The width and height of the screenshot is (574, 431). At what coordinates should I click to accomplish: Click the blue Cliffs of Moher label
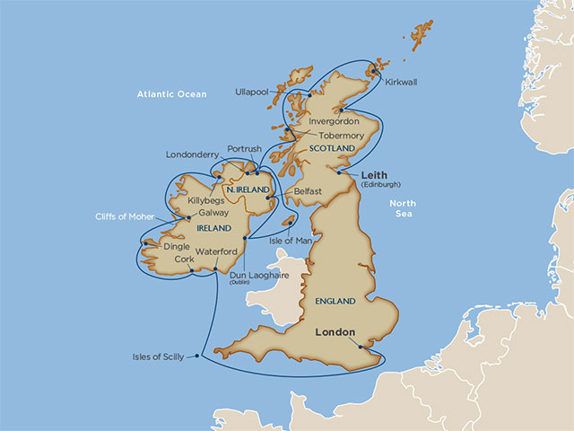(125, 216)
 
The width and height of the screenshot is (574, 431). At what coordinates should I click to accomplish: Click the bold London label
(336, 330)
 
